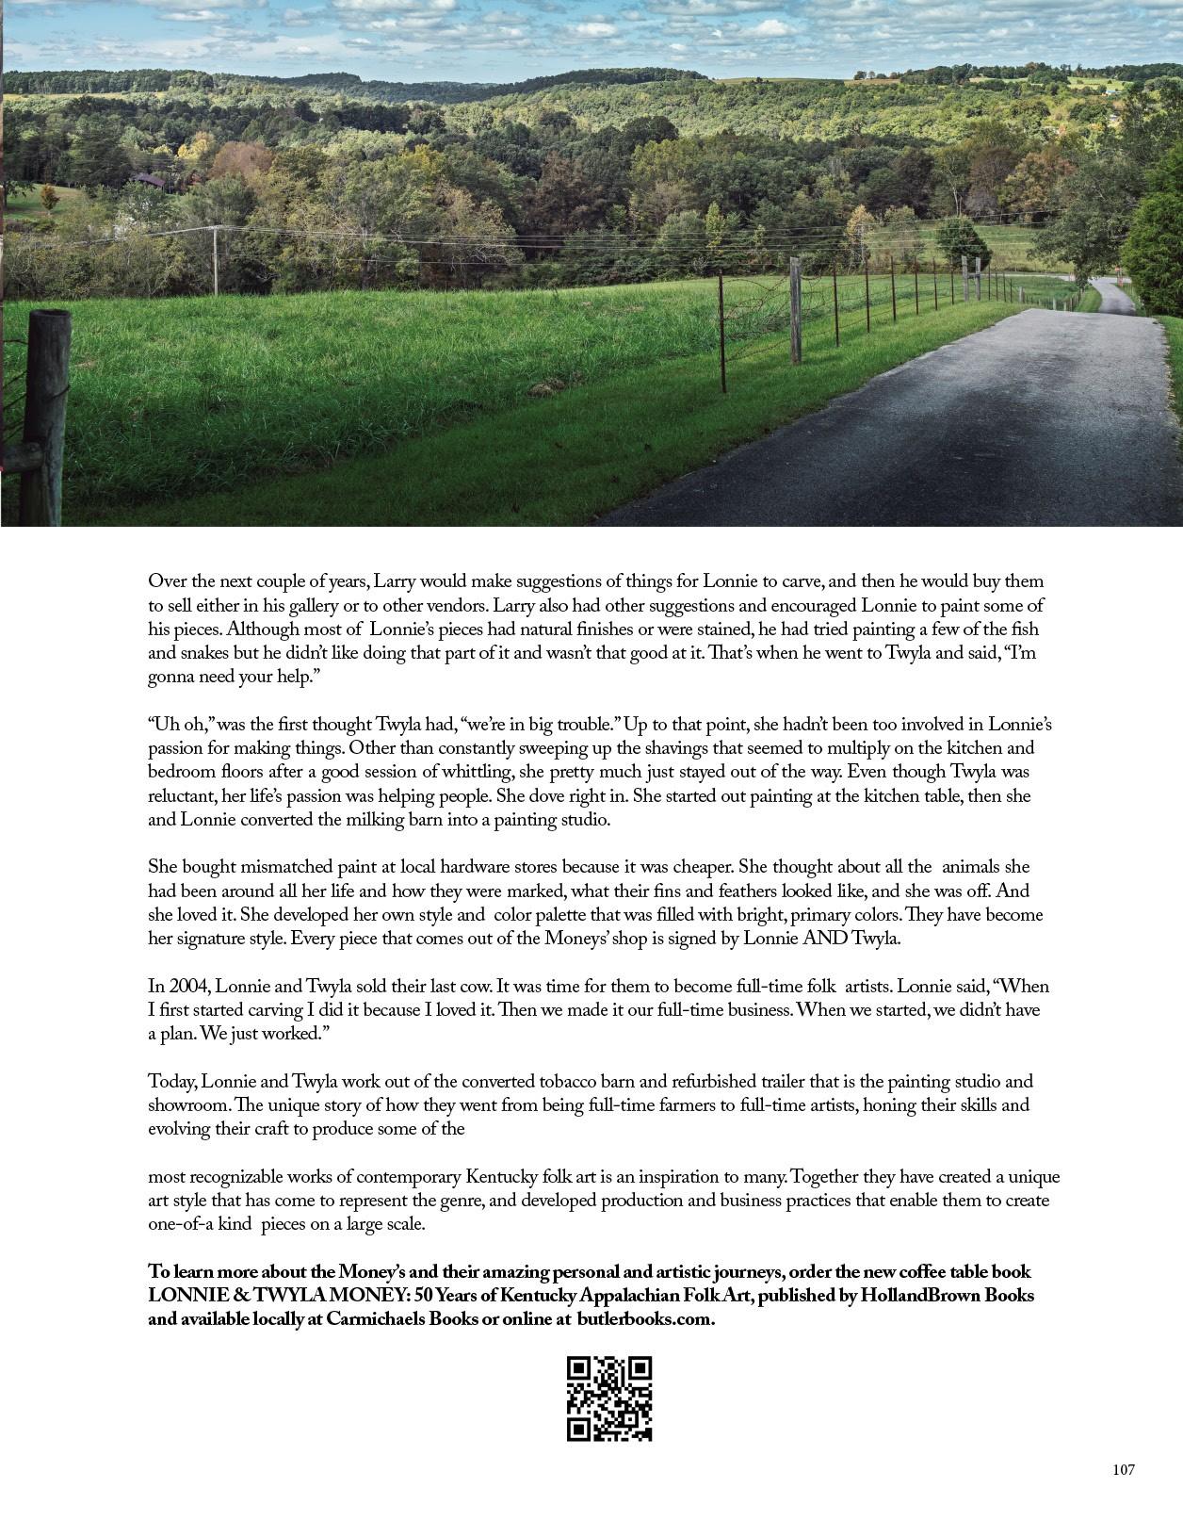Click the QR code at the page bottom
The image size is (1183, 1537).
(x=609, y=1398)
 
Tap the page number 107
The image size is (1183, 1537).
(x=1123, y=1470)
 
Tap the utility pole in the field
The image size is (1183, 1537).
(x=216, y=260)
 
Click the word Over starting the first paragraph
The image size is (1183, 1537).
(x=166, y=581)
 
